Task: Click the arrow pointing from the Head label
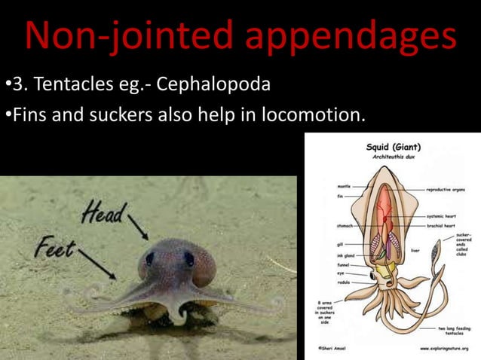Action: point(138,227)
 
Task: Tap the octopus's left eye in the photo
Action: point(149,258)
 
